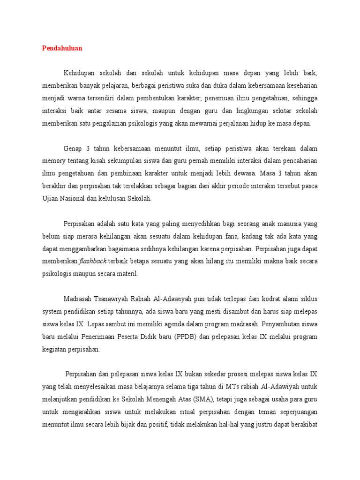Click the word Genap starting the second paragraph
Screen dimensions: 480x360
coord(73,149)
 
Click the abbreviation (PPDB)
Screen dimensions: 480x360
coord(180,337)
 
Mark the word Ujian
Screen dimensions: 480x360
coord(50,199)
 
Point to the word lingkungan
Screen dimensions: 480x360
coord(245,111)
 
